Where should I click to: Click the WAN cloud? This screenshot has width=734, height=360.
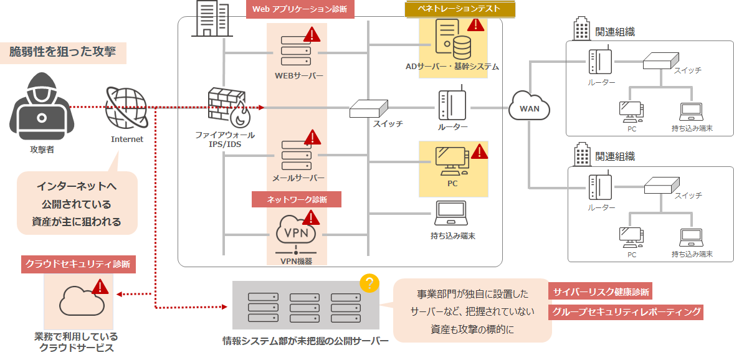point(530,108)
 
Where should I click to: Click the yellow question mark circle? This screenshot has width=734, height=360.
point(369,284)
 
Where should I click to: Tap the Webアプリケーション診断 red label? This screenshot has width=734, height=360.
point(300,10)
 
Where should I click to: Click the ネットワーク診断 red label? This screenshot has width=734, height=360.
point(297,199)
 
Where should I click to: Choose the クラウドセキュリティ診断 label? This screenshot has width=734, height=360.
point(78,264)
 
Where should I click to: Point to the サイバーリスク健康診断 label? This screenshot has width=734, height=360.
point(601,291)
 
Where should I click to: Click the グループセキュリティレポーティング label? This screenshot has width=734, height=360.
point(626,312)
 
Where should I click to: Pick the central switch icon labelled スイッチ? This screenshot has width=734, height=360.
point(367,109)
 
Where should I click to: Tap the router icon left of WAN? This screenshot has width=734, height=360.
point(453,105)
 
